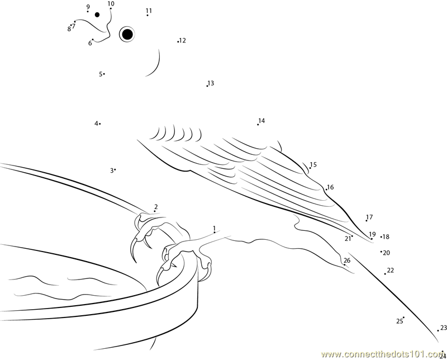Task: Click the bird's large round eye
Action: [x=127, y=34]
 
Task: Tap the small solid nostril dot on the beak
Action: [x=97, y=15]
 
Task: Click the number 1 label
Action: [x=214, y=228]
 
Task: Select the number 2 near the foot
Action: [x=156, y=206]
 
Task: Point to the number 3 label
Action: [x=112, y=170]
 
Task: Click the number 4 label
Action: [x=96, y=124]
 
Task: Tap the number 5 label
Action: [x=101, y=74]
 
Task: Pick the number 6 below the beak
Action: [x=90, y=44]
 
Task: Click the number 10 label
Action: [x=111, y=4]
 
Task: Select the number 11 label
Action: [x=149, y=11]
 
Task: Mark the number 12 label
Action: [x=183, y=40]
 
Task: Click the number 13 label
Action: [x=211, y=83]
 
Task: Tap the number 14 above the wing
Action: [x=261, y=121]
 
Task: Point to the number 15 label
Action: [x=313, y=164]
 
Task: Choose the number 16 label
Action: [x=330, y=187]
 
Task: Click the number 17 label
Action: [x=369, y=217]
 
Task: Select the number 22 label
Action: [x=390, y=270]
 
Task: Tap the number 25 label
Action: [x=400, y=321]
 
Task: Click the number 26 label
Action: [x=347, y=260]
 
